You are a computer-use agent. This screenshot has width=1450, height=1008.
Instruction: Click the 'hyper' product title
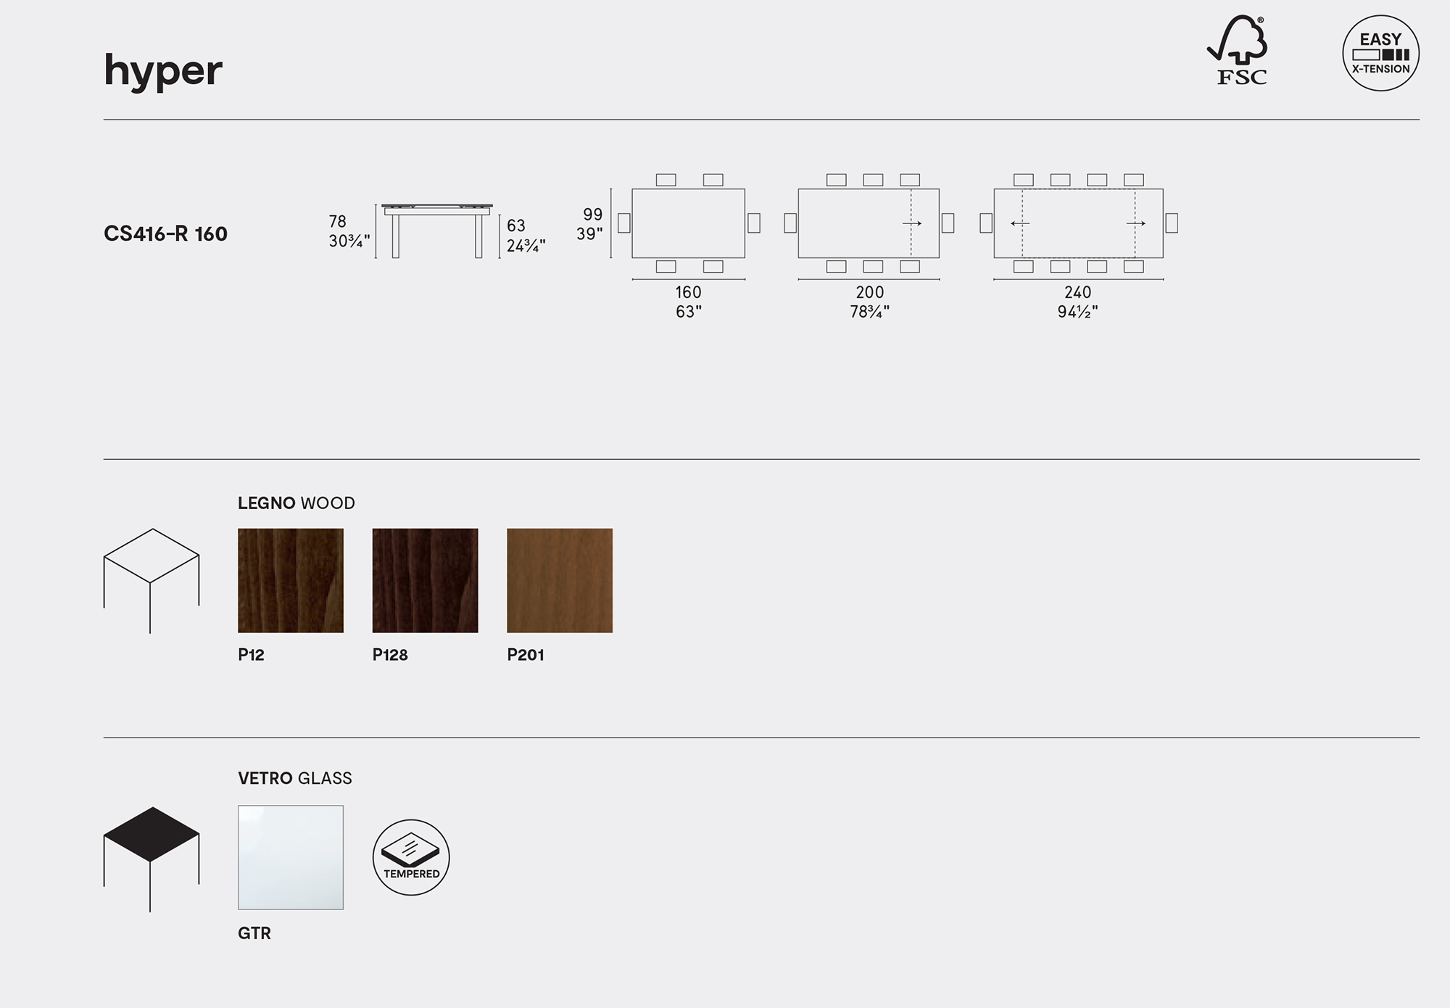pyautogui.click(x=163, y=71)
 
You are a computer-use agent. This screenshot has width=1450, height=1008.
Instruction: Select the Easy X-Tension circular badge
pyautogui.click(x=1380, y=53)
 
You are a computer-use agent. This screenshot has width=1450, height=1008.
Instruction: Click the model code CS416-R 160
pyautogui.click(x=165, y=234)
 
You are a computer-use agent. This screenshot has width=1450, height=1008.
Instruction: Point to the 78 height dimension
pyautogui.click(x=338, y=221)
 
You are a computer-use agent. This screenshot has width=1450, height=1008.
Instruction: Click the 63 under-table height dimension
pyautogui.click(x=516, y=226)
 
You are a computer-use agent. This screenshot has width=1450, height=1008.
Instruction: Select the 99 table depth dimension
pyautogui.click(x=593, y=214)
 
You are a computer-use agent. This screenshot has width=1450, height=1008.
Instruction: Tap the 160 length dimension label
pyautogui.click(x=688, y=292)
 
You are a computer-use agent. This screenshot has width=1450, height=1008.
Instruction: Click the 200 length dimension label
pyautogui.click(x=869, y=292)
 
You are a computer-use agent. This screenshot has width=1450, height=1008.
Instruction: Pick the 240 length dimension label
pyautogui.click(x=1077, y=292)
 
